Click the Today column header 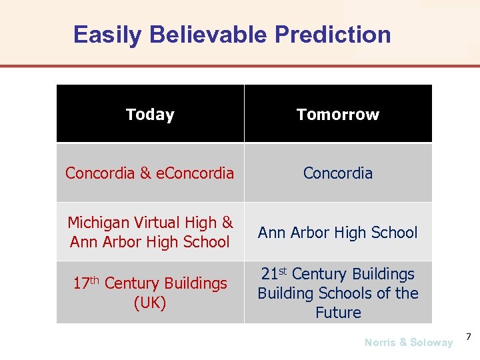click(x=150, y=115)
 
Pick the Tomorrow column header click(x=338, y=115)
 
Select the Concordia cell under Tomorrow click(x=338, y=173)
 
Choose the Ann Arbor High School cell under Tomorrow click(x=338, y=233)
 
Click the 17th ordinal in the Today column click(x=86, y=283)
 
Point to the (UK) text click(x=150, y=303)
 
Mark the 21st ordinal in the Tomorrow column click(x=274, y=274)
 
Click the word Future click(x=338, y=313)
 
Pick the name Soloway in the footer click(x=431, y=343)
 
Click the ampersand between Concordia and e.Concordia click(x=146, y=173)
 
